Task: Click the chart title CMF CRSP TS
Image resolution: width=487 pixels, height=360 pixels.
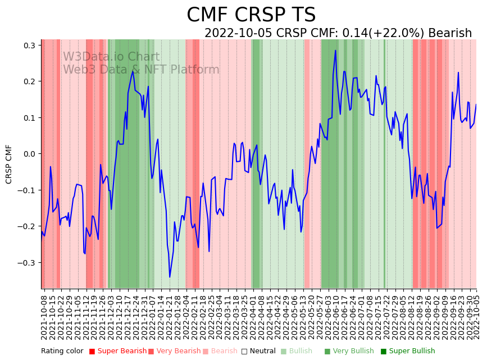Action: [251, 15]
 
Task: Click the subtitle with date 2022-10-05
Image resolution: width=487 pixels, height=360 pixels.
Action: [338, 33]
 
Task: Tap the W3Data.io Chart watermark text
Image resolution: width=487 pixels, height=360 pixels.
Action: [111, 57]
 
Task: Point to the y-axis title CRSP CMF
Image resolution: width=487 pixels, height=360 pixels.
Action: [9, 164]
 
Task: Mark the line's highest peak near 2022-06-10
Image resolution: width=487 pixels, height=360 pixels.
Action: [335, 51]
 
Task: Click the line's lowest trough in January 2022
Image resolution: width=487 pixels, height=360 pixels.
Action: [170, 277]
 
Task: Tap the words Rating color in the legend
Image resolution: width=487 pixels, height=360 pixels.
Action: [62, 351]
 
